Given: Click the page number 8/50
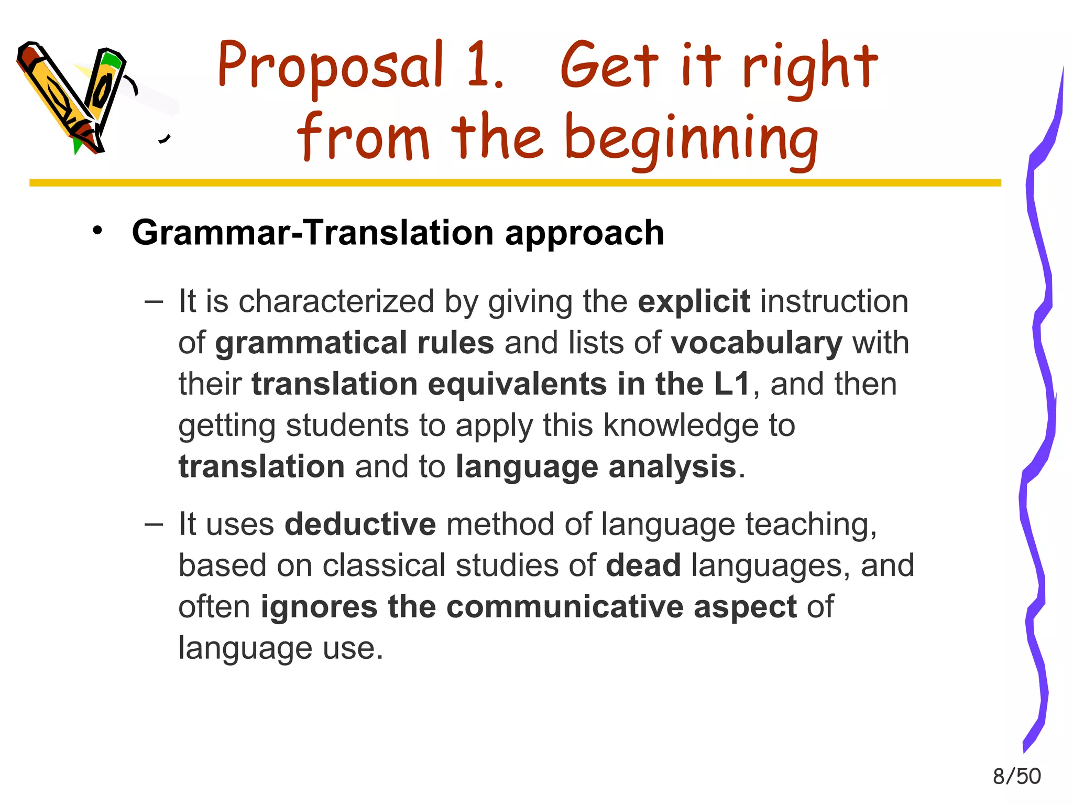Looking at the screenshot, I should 1016,776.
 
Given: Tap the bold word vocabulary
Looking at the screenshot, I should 757,343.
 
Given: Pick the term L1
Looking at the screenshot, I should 732,384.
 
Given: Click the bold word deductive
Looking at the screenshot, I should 360,524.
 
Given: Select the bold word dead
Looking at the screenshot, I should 643,565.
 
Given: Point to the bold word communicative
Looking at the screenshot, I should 565,607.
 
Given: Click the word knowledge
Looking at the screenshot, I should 681,425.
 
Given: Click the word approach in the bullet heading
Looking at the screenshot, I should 584,233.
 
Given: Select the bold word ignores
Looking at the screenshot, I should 319,607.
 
